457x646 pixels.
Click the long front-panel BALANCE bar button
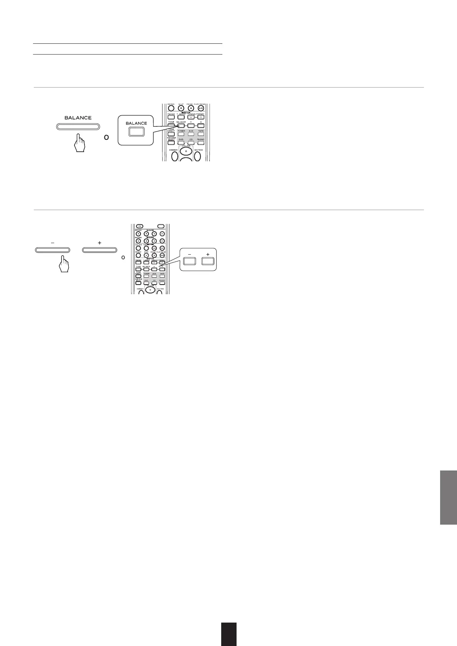(x=78, y=127)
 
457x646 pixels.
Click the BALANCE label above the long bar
(x=78, y=118)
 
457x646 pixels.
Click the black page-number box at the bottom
(x=228, y=634)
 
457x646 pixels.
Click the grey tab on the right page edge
(x=448, y=497)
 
